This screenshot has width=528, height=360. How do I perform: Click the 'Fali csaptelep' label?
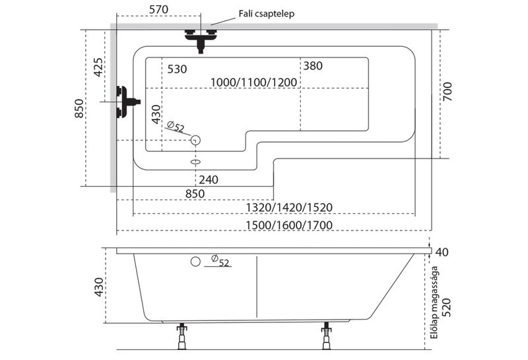coord(266,13)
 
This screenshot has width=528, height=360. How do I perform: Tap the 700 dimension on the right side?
coord(447,90)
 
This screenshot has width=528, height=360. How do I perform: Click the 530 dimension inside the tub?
coord(178,68)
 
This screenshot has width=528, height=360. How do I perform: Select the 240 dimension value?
coord(207,179)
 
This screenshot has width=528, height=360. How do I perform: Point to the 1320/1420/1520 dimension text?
coord(288,207)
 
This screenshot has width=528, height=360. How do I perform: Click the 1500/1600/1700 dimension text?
coord(288,225)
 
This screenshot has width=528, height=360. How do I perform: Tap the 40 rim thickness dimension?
coord(442,252)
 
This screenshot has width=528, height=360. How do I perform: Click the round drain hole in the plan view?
coord(195,140)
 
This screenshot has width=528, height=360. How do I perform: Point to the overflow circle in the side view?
coord(195,261)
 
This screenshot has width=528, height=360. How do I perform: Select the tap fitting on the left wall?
coord(125,102)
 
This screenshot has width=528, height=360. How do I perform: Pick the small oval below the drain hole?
coord(195,161)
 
